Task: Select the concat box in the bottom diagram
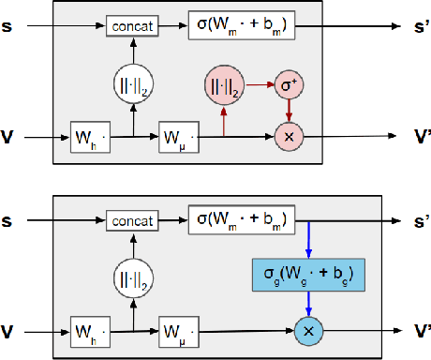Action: pos(133,221)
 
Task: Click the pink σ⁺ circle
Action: pos(288,86)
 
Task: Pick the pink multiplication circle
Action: pos(288,136)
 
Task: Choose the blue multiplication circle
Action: pos(308,331)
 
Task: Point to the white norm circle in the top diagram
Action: pos(132,86)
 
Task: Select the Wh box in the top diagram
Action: pos(90,136)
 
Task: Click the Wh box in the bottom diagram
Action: pos(90,331)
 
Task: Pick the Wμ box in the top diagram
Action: pos(177,136)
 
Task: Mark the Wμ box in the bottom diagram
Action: pos(177,331)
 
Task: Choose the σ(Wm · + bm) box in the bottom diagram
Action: pos(242,221)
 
